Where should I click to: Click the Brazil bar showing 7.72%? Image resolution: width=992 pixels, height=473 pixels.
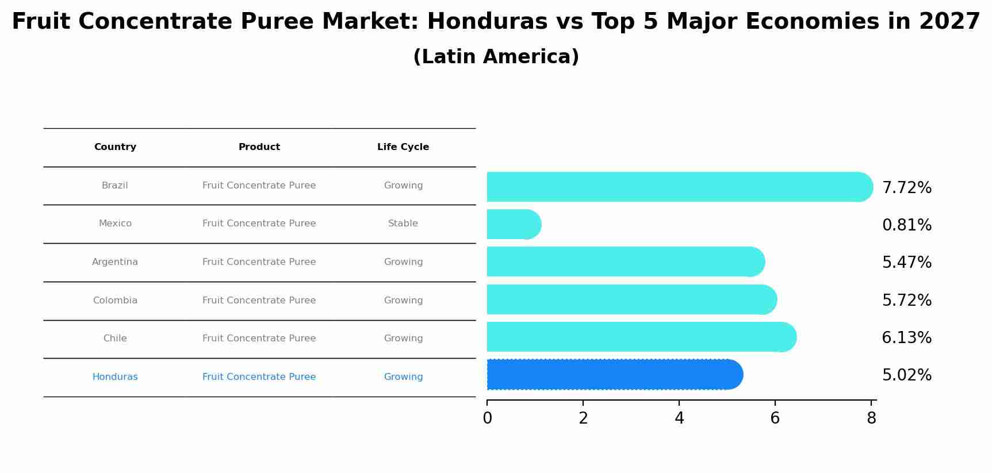tap(679, 187)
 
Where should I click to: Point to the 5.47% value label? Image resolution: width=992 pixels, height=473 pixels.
tap(906, 263)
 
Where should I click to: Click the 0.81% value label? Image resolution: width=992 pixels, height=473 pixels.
tap(906, 225)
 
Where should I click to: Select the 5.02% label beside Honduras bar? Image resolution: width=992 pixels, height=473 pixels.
tap(906, 375)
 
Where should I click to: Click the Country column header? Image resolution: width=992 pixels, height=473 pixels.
tap(115, 147)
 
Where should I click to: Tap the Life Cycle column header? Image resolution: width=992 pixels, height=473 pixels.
tap(403, 147)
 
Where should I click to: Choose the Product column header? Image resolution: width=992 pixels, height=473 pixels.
tap(259, 147)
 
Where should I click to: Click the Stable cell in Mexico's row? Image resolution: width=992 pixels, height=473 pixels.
tap(403, 224)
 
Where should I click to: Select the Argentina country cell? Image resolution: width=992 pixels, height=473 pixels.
tap(115, 262)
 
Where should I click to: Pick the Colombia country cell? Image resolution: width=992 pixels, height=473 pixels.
tap(115, 301)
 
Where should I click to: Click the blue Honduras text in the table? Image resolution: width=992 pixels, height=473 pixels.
tap(115, 377)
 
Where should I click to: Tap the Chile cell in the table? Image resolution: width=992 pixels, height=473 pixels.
tap(115, 339)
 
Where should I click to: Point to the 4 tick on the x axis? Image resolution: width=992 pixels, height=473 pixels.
tap(679, 418)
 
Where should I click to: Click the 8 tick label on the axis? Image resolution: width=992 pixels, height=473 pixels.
tap(871, 418)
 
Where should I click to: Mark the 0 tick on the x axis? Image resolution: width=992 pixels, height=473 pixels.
tap(487, 418)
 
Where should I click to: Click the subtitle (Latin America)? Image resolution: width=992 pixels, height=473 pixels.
tap(496, 57)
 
